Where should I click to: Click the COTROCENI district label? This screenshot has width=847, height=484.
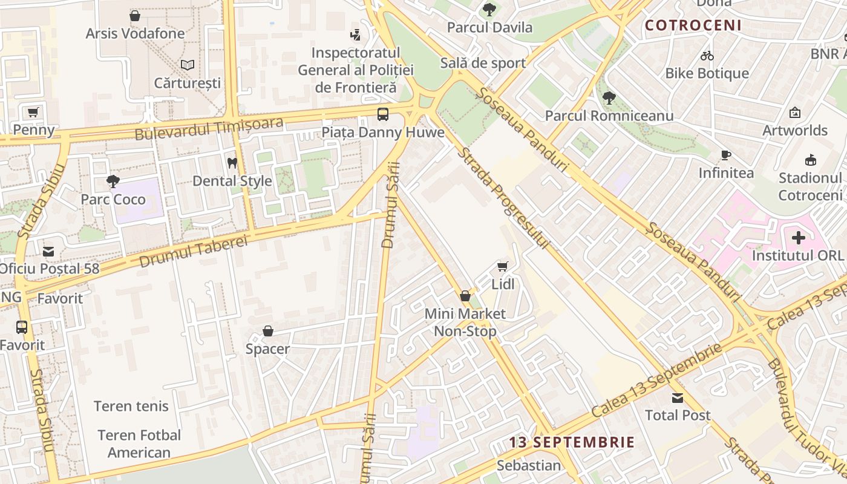coord(693,25)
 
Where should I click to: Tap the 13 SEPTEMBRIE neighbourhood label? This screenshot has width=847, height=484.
coord(572,442)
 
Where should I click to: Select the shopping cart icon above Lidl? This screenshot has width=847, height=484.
coord(502,266)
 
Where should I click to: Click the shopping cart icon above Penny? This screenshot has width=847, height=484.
coord(33,112)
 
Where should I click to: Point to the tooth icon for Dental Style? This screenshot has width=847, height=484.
coord(232,163)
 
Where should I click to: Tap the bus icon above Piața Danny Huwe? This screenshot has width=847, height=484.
coord(382,114)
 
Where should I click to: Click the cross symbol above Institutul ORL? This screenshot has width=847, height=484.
coord(798,238)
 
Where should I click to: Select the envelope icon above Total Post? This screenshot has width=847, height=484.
coord(678,397)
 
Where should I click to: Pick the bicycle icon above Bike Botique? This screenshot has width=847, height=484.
coord(707,56)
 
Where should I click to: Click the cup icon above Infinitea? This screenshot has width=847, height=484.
coord(726,155)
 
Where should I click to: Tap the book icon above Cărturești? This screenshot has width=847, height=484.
coord(188,65)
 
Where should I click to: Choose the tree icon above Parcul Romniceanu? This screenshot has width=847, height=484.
coord(609,97)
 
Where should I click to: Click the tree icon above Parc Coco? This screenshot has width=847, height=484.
coord(113,181)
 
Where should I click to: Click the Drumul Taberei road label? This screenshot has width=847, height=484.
coord(194,252)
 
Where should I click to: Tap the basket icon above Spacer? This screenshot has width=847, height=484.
coord(268,331)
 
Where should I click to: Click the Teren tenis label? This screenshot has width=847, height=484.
coord(131,406)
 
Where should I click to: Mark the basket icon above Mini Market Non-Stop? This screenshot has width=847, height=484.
coord(465,296)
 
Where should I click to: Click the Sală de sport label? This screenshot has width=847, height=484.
coord(483,63)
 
